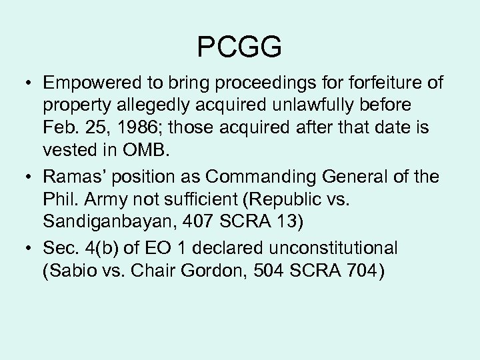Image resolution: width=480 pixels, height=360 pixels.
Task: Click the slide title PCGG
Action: [240, 47]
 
